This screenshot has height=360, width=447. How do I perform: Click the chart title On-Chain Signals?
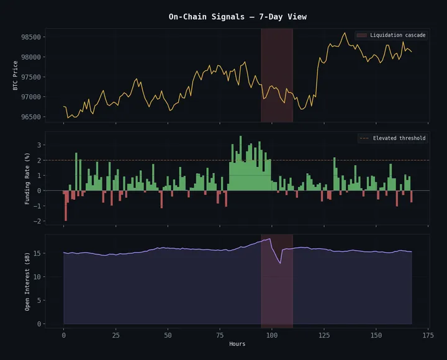pos(238,17)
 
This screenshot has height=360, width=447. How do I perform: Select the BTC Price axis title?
pos(16,75)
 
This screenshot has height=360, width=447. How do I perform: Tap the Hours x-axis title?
pos(237,344)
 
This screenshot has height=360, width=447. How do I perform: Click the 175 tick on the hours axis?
pos(427,335)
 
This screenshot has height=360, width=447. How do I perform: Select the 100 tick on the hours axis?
pos(271,335)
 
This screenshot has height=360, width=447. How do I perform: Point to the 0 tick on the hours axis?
pos(63,335)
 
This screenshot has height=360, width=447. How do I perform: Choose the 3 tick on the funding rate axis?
pos(38,145)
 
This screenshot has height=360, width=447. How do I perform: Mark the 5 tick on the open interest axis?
pos(38,300)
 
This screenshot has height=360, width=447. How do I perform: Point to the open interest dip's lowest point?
pos(280,264)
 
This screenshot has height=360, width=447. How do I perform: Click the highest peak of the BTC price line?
pos(345,33)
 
